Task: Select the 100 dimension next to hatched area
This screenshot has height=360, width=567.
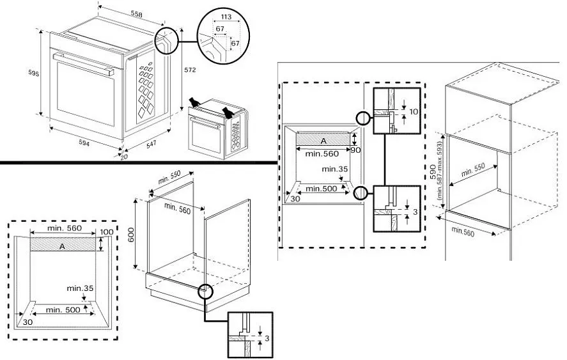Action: tap(105, 231)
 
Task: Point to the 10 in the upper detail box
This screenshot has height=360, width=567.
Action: tap(413, 112)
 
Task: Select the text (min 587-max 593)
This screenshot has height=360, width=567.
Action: tap(439, 168)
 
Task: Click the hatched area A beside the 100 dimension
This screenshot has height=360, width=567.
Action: tap(61, 245)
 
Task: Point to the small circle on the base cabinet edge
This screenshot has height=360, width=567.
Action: tap(205, 292)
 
